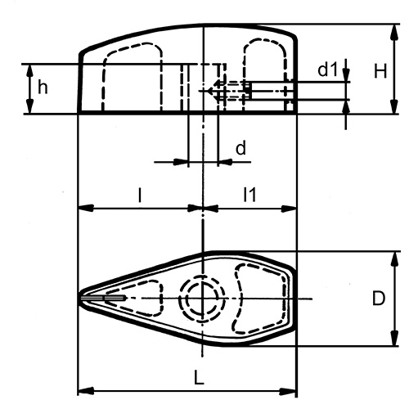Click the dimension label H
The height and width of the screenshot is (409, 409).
coord(380,72)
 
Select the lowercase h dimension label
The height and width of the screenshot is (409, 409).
coord(42,87)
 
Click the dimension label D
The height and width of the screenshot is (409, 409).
coord(378,299)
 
